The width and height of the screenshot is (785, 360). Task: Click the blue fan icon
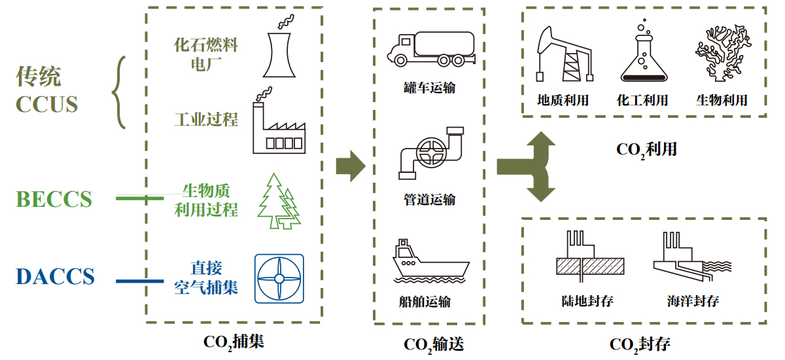279,278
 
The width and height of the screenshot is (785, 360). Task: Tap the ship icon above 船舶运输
430,262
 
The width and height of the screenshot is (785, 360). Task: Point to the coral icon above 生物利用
720,52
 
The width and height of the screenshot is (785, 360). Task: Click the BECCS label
54,199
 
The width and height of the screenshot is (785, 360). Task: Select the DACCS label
56,277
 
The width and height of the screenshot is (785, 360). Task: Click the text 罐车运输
430,87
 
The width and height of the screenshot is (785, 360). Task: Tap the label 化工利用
642,100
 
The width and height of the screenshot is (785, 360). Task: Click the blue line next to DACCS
139,281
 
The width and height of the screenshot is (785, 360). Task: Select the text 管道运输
430,200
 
